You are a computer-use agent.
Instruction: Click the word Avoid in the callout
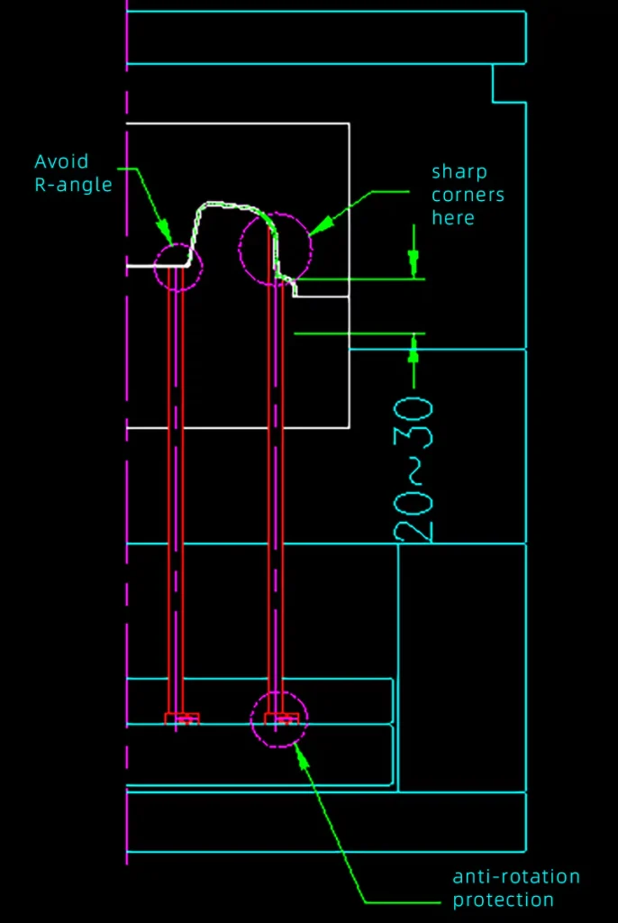tap(61, 162)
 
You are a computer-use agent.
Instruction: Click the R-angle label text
tap(74, 186)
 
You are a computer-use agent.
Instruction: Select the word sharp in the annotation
tap(459, 172)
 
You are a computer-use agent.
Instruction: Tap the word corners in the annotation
tap(468, 195)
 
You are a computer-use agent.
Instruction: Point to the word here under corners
tap(452, 218)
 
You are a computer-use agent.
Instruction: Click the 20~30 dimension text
tap(414, 469)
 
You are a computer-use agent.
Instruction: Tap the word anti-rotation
tap(516, 877)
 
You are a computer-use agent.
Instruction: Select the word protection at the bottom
tap(503, 900)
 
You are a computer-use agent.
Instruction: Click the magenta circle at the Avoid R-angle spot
tap(178, 266)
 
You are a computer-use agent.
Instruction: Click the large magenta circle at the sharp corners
tap(275, 249)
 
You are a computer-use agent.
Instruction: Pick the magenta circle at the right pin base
tap(279, 718)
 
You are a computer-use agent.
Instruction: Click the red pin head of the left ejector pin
tap(181, 717)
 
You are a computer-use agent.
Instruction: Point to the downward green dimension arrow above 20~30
tap(414, 264)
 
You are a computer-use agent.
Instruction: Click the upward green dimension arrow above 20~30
tap(414, 348)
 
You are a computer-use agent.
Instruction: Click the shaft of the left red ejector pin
tap(176, 496)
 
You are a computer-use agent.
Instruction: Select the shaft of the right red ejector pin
tap(277, 496)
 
